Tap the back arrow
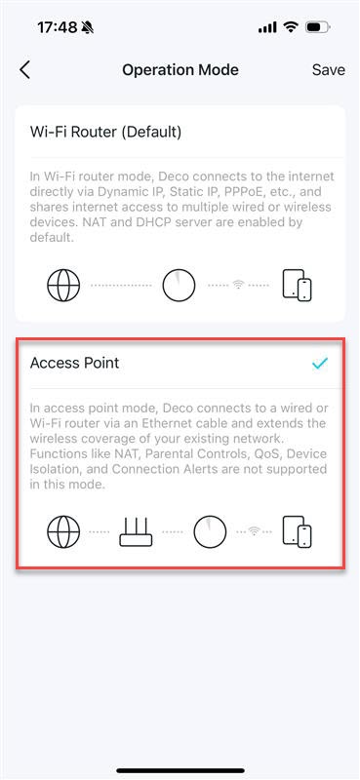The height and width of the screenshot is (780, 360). (x=25, y=69)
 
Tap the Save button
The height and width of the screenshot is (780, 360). (x=328, y=69)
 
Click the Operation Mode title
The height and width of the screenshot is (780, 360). (x=180, y=69)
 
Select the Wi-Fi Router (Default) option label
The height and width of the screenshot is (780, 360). (x=105, y=132)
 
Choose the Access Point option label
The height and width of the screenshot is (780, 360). (x=74, y=363)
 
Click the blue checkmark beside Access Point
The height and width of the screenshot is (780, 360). (x=319, y=363)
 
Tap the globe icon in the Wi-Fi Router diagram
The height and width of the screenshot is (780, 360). (x=63, y=285)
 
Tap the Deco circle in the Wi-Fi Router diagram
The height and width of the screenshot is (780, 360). (x=179, y=285)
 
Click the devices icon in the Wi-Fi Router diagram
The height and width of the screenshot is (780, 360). (x=297, y=285)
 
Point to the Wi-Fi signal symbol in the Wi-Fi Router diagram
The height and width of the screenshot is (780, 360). (x=237, y=285)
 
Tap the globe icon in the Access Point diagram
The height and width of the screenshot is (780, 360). (x=63, y=531)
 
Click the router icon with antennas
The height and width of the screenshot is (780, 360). (x=137, y=531)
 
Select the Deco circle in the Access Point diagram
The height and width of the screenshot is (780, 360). (x=210, y=531)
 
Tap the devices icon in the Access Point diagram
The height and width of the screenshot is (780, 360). (x=297, y=531)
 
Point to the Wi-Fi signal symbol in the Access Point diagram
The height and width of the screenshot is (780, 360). (x=256, y=531)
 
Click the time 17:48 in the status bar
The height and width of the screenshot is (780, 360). (x=57, y=27)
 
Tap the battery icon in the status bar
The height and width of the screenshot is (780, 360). (x=317, y=27)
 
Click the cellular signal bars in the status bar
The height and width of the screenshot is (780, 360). (x=267, y=27)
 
